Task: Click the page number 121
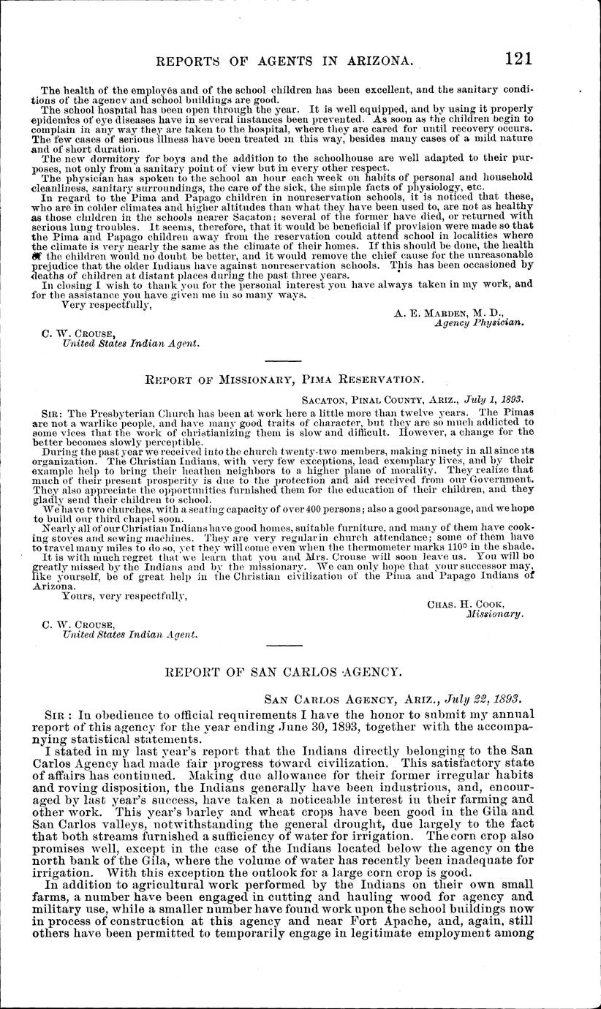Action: (x=514, y=58)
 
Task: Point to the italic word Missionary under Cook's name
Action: (x=495, y=614)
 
